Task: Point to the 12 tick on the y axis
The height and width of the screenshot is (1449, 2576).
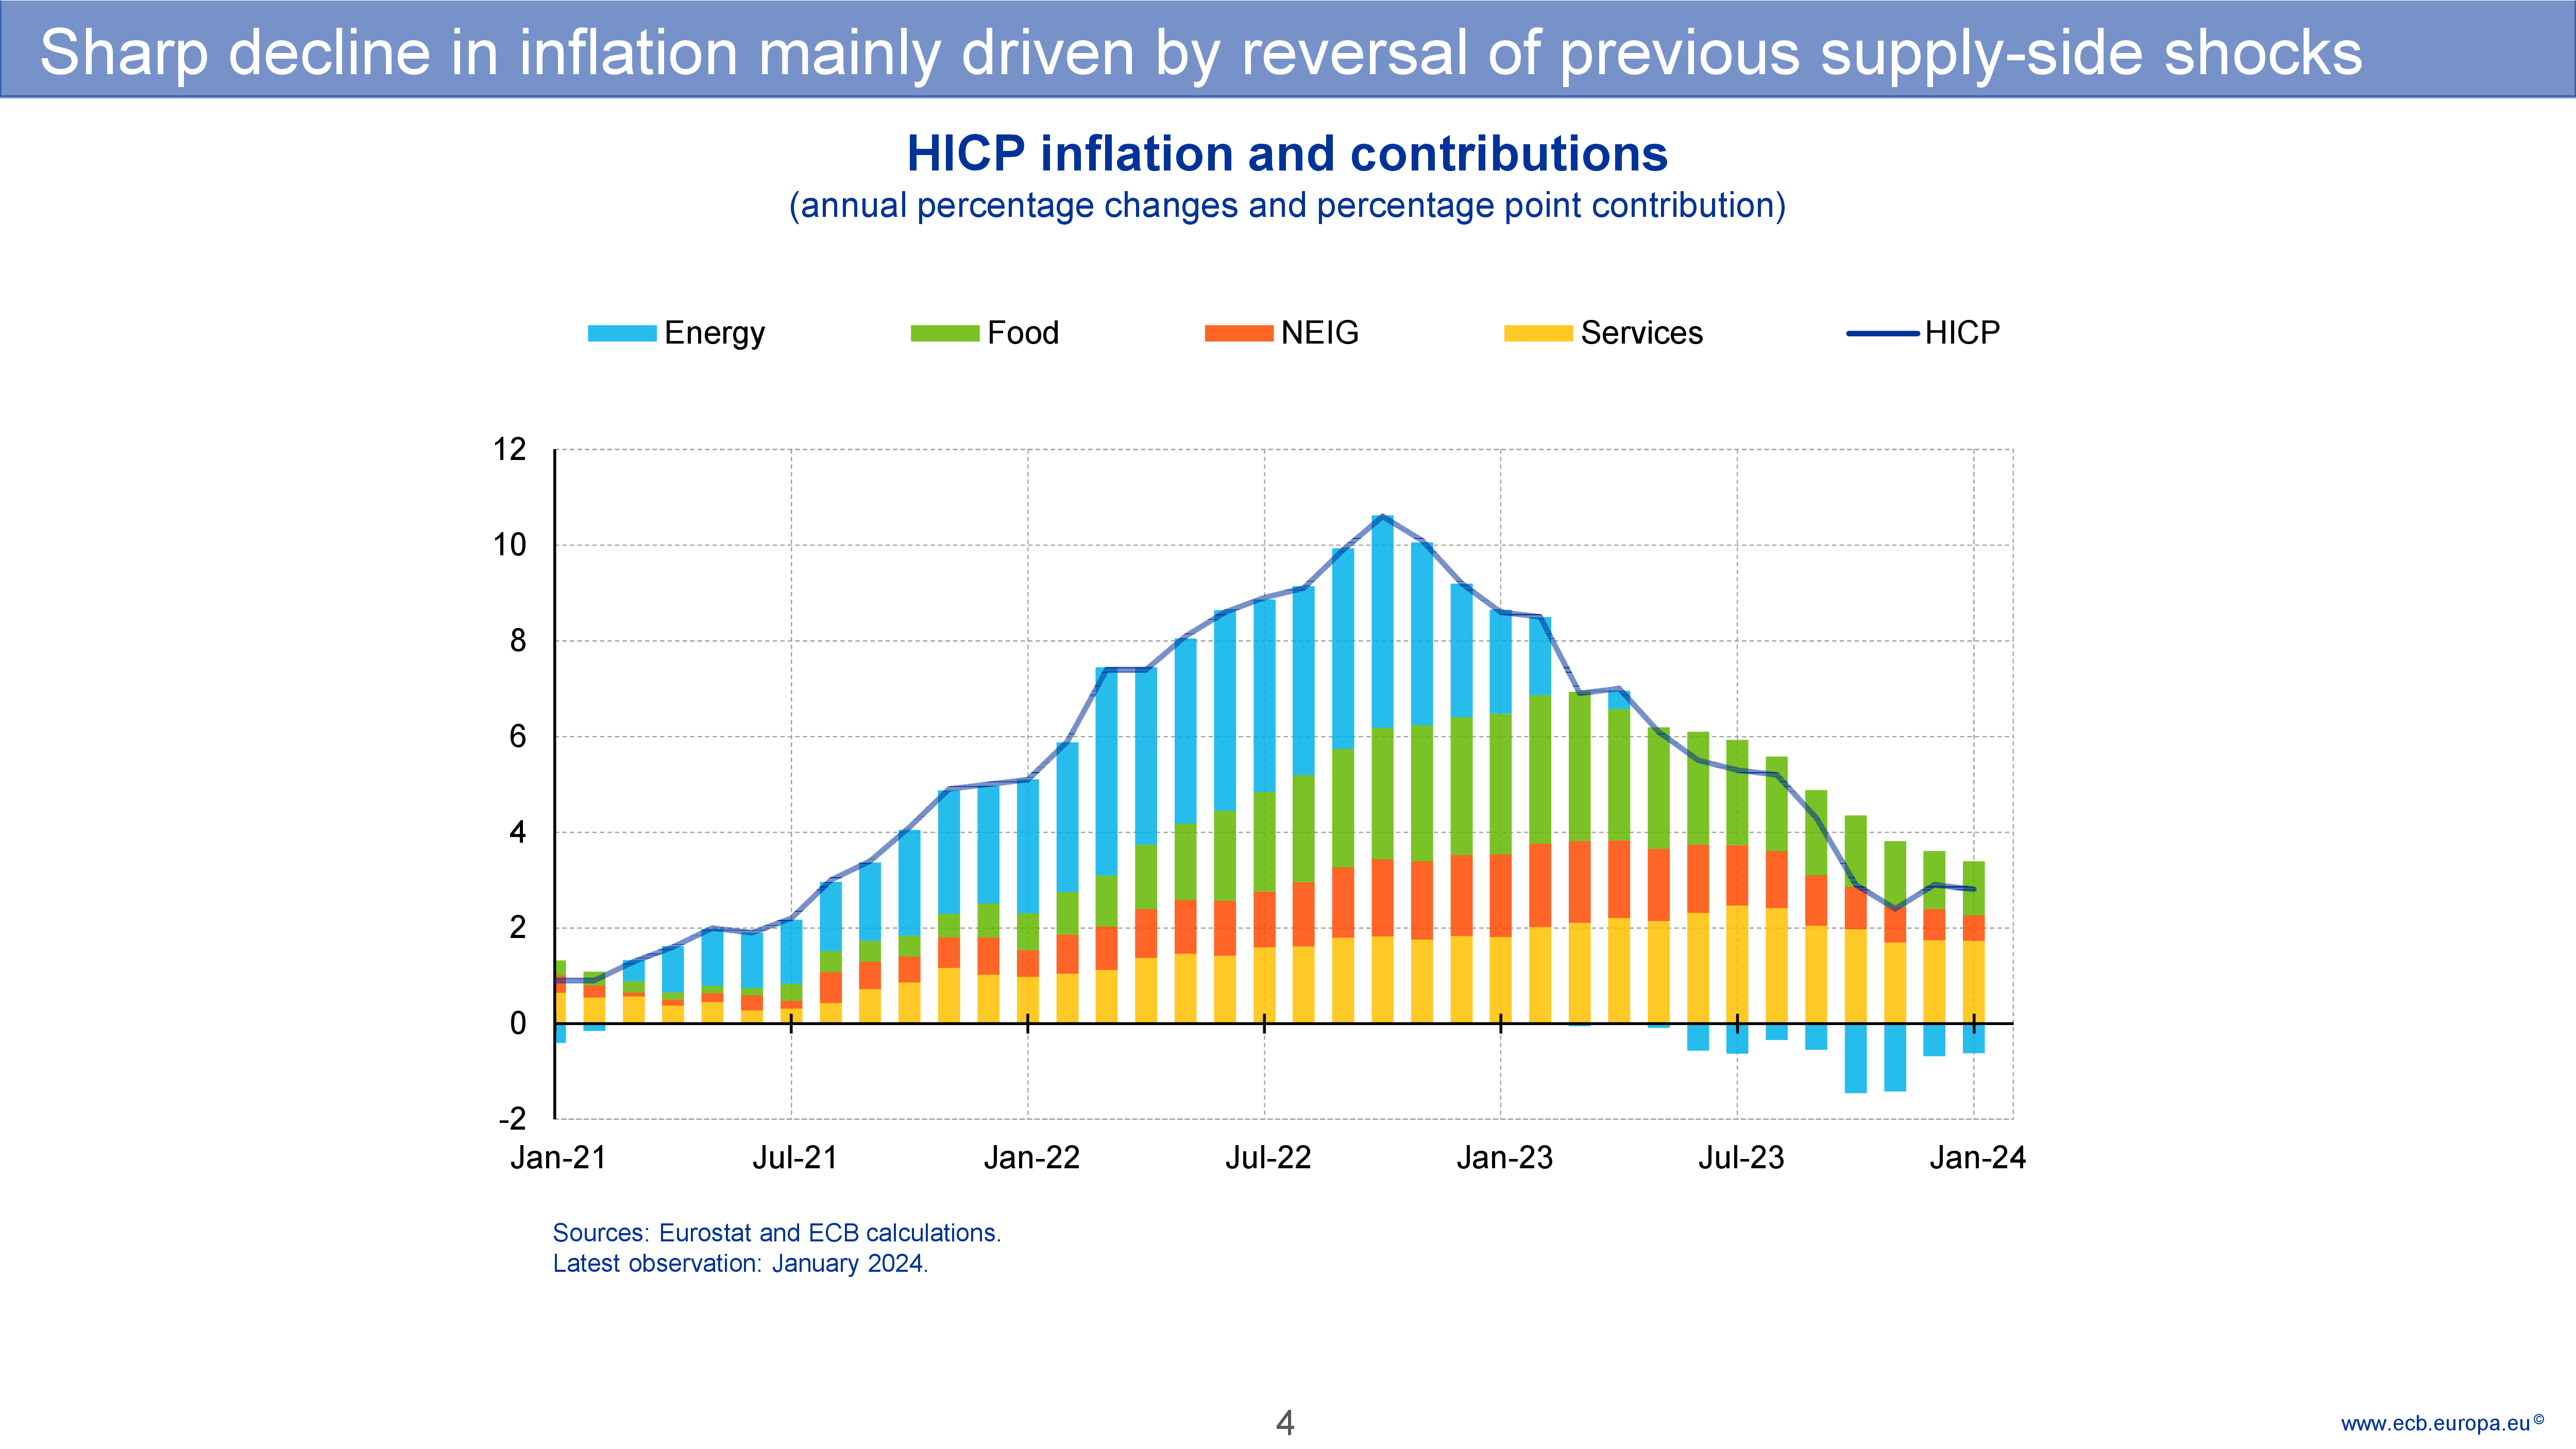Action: pos(510,450)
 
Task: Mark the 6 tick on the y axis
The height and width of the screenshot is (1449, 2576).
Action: pos(517,737)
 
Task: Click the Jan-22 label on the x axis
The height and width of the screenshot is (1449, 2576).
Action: pos(1031,1158)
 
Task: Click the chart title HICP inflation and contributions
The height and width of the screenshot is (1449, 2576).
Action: pos(1287,154)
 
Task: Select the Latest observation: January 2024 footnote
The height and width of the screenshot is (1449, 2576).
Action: pos(740,1264)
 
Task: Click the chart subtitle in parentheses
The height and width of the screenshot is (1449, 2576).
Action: pos(1287,206)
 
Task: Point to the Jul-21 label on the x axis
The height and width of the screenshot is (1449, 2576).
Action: pos(794,1158)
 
